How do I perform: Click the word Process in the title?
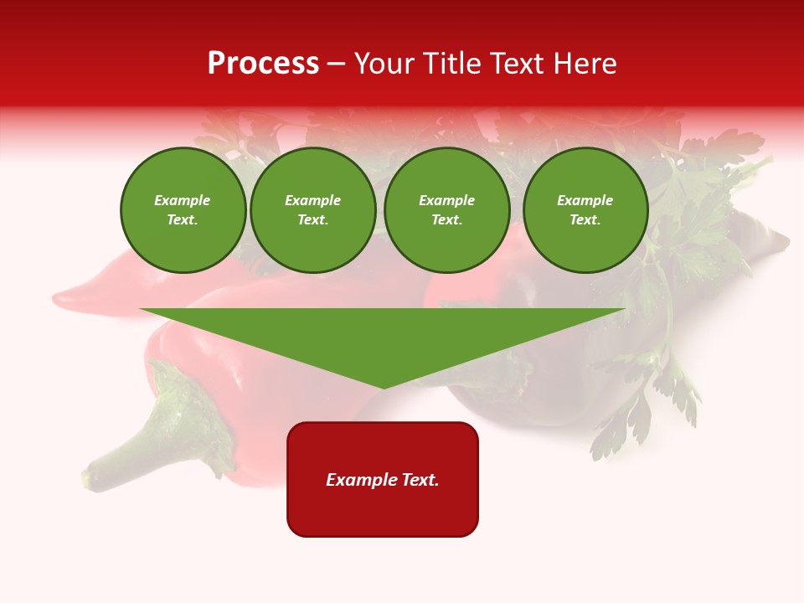click(x=263, y=64)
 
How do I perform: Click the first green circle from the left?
click(x=183, y=210)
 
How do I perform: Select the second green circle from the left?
click(x=312, y=210)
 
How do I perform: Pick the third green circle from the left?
click(x=446, y=210)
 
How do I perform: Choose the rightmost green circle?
click(x=585, y=210)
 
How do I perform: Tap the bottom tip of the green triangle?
click(x=384, y=387)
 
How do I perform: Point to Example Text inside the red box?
click(x=383, y=480)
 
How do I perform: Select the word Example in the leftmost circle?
click(x=183, y=201)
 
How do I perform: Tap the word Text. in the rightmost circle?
click(x=585, y=220)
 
